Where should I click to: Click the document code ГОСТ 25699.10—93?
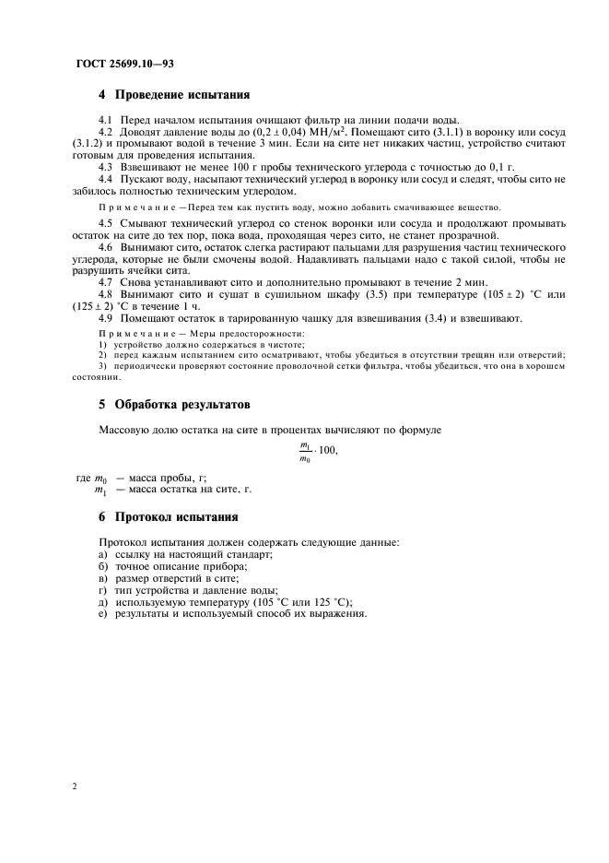pos(124,63)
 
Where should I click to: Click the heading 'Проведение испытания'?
pos(181,95)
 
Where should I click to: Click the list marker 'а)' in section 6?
pos(102,555)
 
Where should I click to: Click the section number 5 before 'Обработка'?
pos(101,404)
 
